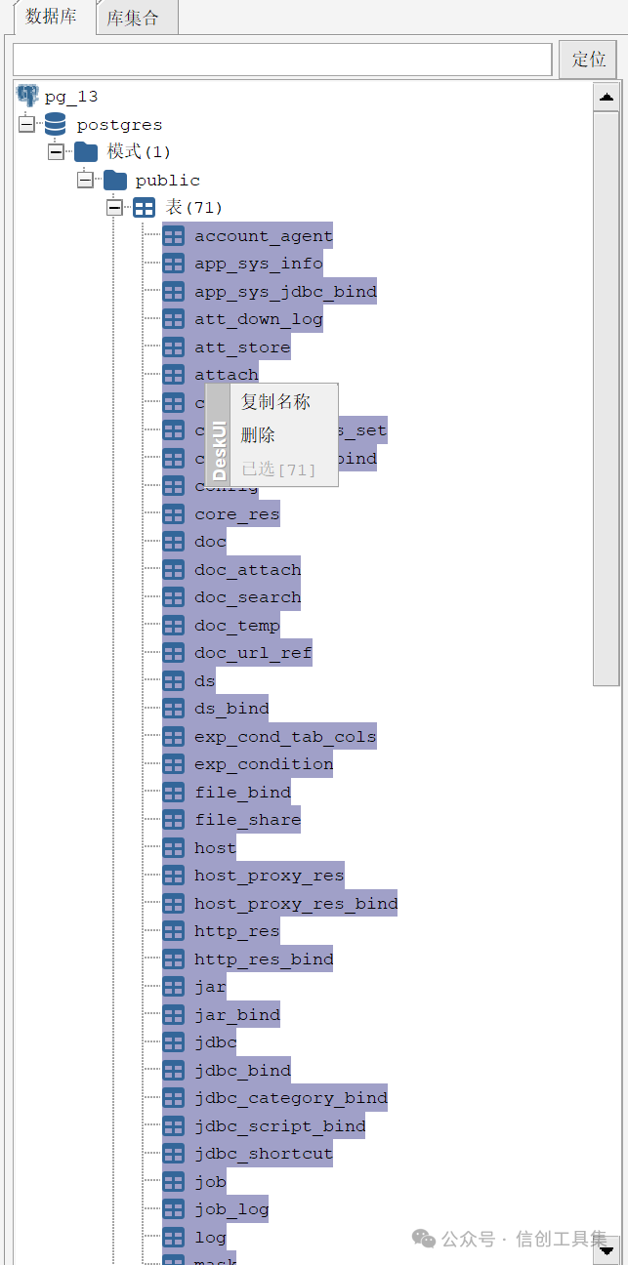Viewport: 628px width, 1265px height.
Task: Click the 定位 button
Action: tap(588, 60)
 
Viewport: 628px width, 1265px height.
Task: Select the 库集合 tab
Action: tap(132, 18)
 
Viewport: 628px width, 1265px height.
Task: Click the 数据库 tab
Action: tap(51, 17)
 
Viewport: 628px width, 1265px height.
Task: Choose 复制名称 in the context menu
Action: tap(275, 402)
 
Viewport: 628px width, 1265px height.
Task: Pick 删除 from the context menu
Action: tap(259, 435)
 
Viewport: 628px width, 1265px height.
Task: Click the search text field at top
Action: tap(282, 60)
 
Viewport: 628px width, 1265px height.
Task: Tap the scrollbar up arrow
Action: tap(607, 97)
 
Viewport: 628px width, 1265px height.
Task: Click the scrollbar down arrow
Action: tap(607, 1248)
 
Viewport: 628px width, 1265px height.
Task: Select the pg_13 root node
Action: tap(70, 97)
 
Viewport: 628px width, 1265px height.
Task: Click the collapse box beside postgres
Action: tap(26, 124)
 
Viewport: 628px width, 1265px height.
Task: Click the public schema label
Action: tap(167, 181)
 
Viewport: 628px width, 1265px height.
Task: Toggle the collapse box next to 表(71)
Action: tap(114, 208)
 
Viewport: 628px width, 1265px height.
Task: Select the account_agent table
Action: tap(263, 236)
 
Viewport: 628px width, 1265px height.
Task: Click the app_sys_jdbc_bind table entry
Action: tap(284, 292)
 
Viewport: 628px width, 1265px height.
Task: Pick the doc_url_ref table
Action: tap(253, 653)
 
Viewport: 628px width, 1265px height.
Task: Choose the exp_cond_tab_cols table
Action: tap(284, 737)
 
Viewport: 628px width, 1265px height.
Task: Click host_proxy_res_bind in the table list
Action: tap(295, 904)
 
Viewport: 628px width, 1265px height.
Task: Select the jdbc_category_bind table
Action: tap(290, 1098)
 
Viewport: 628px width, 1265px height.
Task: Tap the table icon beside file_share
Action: tap(173, 820)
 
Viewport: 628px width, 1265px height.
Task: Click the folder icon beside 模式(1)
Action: tap(86, 152)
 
